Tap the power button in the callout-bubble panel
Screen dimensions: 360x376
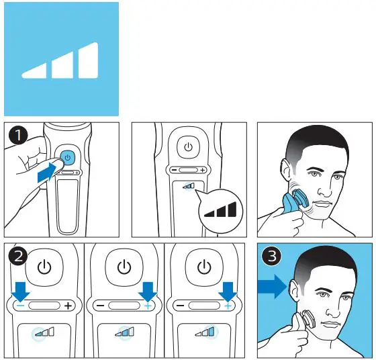(189, 146)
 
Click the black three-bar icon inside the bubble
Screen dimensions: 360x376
(221, 211)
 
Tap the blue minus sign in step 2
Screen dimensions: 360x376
(21, 305)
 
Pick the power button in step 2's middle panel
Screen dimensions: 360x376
(124, 267)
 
